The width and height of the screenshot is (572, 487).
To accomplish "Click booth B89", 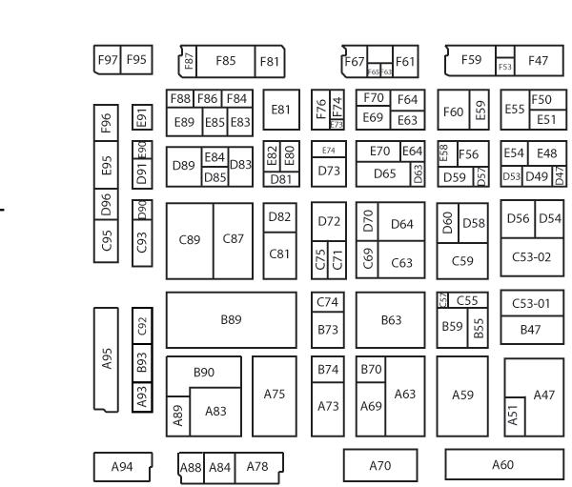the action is (x=230, y=320).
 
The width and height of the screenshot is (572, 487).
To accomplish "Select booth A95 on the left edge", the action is (x=108, y=358).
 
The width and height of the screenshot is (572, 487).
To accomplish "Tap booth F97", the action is (x=107, y=59).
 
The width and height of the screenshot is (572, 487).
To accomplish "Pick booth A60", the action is (x=502, y=464).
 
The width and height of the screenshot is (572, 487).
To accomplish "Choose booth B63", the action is (x=390, y=320).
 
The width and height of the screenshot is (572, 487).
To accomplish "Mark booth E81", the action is (x=279, y=110).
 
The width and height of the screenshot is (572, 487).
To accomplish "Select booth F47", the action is (x=539, y=60).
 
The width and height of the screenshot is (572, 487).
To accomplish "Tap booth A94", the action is (x=121, y=466).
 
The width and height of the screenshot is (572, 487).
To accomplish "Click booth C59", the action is (x=461, y=259).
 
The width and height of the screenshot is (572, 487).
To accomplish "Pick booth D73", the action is (x=329, y=170).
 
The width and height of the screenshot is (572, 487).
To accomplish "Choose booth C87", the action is (x=234, y=239).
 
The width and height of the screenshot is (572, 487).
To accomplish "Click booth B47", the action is (x=532, y=329).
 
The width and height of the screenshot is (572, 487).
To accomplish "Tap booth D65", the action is (x=384, y=173).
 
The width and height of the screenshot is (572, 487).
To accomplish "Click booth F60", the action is (x=453, y=112).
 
